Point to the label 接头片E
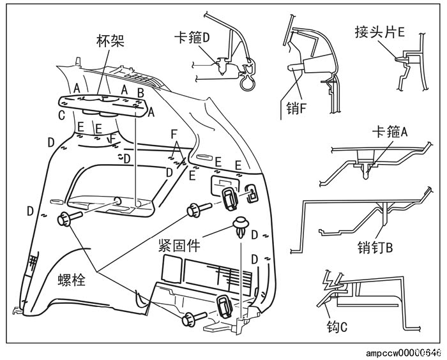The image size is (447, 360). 381,31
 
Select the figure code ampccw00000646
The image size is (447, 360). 404,352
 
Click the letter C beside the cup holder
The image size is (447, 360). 61,116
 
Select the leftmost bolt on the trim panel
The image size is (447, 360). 66,218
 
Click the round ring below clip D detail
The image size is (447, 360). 246,82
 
